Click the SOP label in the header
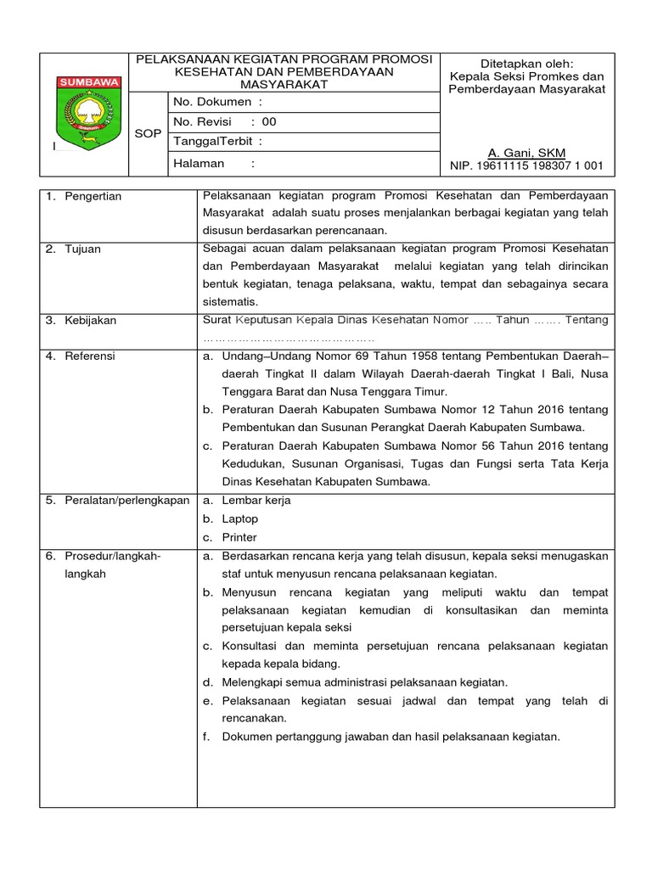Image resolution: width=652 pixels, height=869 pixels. [x=147, y=134]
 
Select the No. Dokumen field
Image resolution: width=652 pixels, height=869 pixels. [x=212, y=102]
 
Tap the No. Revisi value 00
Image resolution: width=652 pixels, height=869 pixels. [x=269, y=122]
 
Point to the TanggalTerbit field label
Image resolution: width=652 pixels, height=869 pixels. [x=217, y=142]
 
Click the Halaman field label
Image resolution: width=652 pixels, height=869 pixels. [x=200, y=163]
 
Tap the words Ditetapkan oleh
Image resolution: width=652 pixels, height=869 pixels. [x=527, y=64]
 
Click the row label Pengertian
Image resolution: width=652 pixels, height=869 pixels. [x=93, y=197]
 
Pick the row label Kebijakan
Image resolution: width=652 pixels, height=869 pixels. [x=91, y=321]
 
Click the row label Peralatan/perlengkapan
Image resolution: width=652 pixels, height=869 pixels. [x=126, y=501]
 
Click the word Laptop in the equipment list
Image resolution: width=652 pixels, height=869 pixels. [x=240, y=519]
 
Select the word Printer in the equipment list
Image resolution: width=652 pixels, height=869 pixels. [x=239, y=538]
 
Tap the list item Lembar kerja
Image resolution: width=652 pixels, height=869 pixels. [x=256, y=501]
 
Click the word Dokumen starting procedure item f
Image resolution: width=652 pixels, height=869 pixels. [x=249, y=737]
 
